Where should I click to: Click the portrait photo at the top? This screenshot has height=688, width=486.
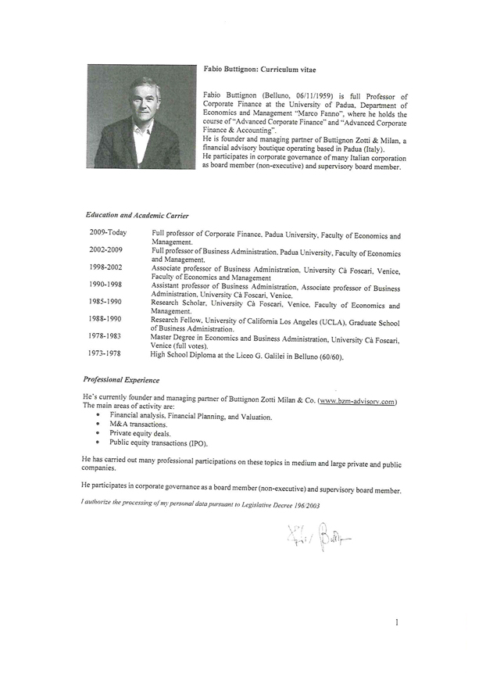[141, 116]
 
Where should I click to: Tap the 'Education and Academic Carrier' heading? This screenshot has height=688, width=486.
[137, 215]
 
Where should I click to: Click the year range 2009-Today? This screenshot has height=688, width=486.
[108, 233]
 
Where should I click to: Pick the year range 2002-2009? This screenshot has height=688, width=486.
[106, 250]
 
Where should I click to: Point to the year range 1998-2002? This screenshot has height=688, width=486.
[106, 267]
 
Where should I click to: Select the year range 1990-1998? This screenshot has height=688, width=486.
[105, 285]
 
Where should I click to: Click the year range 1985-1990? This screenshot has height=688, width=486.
[105, 302]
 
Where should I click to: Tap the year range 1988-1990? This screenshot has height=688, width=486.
[105, 320]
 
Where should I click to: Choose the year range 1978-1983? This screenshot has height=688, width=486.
[105, 336]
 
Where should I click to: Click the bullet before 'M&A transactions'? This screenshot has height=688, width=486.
[98, 425]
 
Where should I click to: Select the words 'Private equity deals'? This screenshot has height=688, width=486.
[140, 433]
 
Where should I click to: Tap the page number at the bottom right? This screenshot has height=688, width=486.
[398, 622]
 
